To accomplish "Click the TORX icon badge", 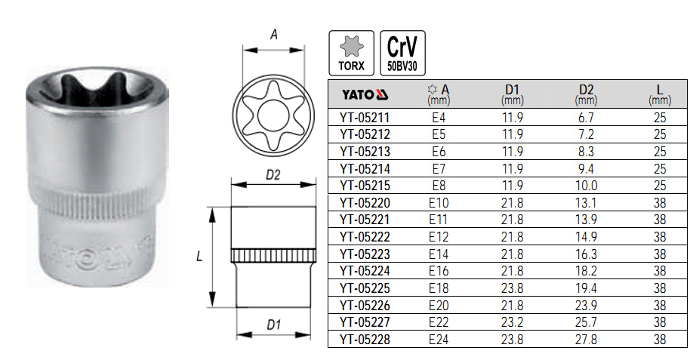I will (352, 53).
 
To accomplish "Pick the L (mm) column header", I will (660, 94).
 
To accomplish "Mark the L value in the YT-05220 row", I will (660, 202).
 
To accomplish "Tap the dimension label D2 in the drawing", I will (273, 175).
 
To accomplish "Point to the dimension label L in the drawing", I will (199, 257).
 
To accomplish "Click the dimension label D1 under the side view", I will (273, 325).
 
